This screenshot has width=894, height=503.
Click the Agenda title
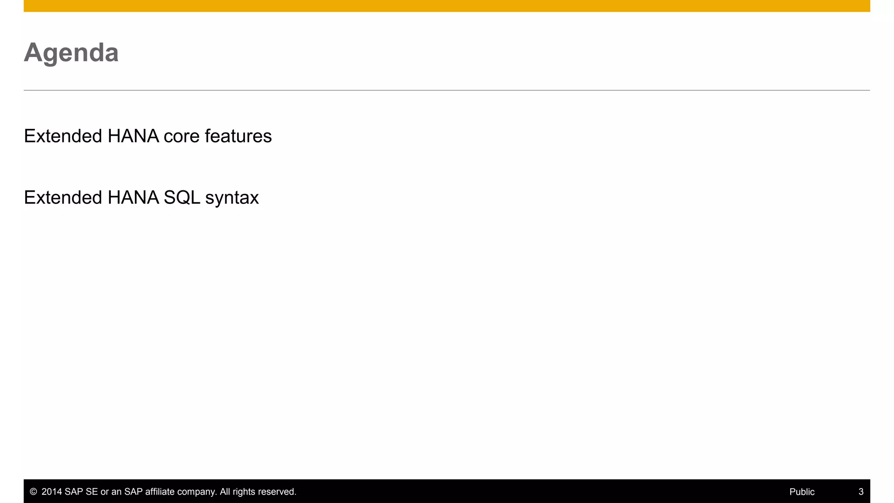tap(71, 53)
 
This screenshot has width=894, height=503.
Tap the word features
tap(238, 136)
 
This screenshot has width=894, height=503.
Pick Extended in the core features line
tap(63, 136)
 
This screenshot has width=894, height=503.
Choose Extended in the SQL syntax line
tap(63, 198)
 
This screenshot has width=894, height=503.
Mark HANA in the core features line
tap(133, 136)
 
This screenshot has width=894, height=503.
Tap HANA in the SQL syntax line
tap(133, 198)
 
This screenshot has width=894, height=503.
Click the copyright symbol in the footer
tap(33, 492)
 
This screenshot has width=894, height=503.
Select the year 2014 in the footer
tap(52, 492)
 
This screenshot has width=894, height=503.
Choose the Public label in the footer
tap(802, 492)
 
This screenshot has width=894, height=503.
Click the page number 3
tap(861, 492)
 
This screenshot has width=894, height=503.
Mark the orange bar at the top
tap(447, 6)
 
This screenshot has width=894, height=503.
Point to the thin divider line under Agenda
tap(447, 90)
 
